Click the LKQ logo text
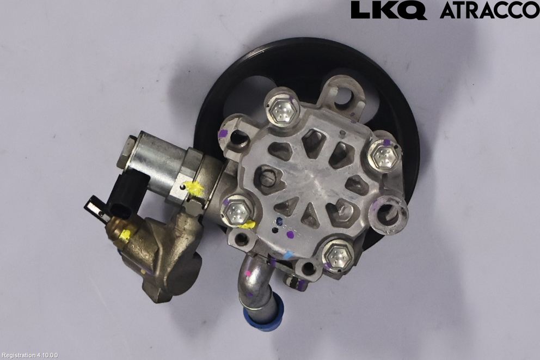(x=389, y=10)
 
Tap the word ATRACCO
(x=489, y=10)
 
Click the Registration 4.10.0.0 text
(x=29, y=356)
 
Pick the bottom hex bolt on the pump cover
(x=338, y=255)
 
